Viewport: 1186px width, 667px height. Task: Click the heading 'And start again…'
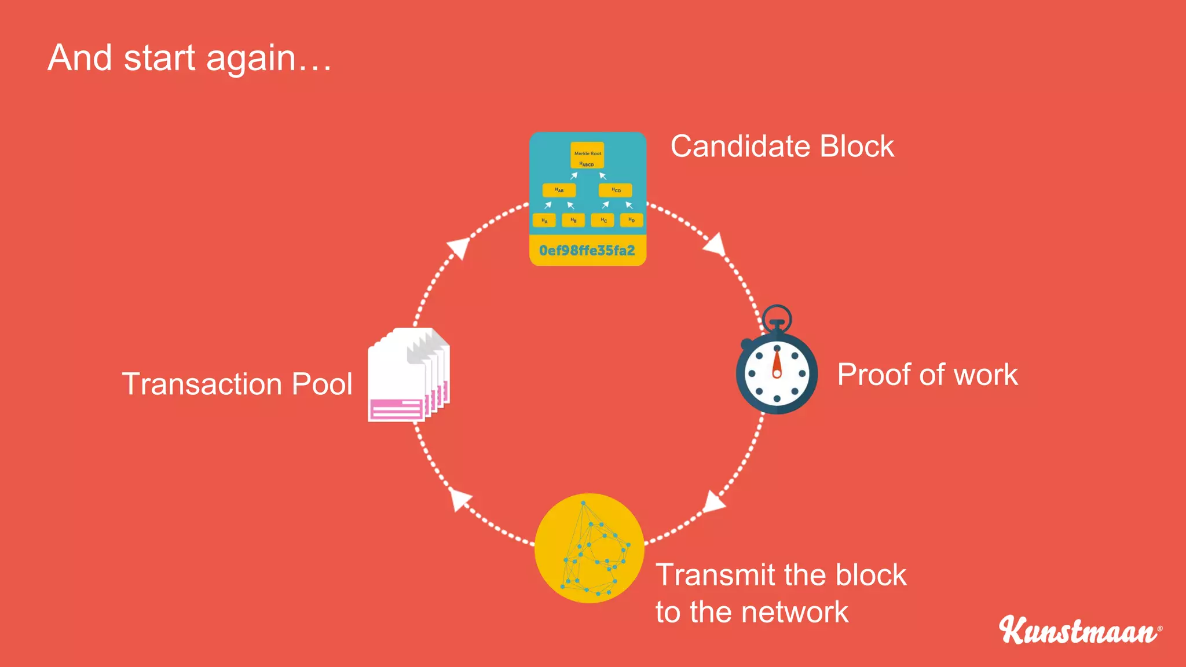(189, 58)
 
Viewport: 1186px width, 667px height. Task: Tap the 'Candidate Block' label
(782, 146)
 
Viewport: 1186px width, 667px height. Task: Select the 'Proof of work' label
(927, 375)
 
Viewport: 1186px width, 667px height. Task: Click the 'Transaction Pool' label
(237, 384)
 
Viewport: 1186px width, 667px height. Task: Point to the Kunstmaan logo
(1079, 630)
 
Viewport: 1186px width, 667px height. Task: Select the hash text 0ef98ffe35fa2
(587, 251)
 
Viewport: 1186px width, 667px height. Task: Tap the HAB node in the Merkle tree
(559, 190)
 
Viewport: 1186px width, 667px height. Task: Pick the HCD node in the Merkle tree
(616, 190)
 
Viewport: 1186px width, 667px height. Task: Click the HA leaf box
(544, 221)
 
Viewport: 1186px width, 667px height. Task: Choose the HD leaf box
(631, 220)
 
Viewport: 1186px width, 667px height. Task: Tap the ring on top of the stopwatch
(777, 317)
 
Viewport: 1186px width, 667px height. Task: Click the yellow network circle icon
(589, 548)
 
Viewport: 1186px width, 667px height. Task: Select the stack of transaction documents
(409, 375)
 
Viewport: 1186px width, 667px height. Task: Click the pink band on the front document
(397, 409)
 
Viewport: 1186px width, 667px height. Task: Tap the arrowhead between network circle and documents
(460, 499)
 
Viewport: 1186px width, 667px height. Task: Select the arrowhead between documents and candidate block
(459, 248)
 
